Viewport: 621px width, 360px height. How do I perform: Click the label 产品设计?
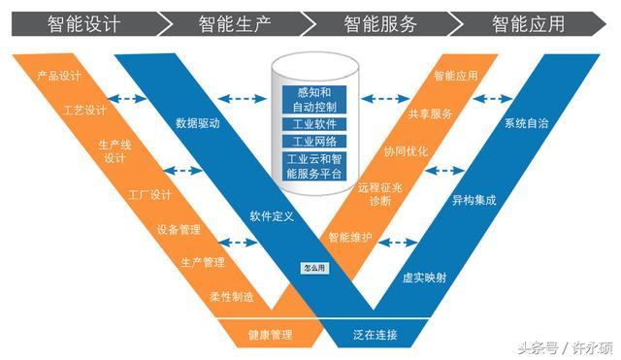point(57,75)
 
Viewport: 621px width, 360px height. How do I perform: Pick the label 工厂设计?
point(149,195)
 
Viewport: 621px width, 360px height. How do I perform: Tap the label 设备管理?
point(179,230)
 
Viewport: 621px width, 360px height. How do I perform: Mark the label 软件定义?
point(272,215)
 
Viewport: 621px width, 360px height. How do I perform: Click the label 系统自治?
point(525,124)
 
